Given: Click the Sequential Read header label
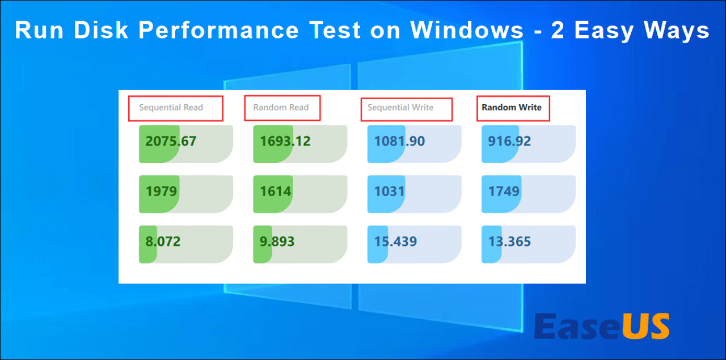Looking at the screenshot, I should pos(171,108).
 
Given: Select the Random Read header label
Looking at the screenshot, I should pos(281,108).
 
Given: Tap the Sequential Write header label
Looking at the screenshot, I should pos(400,108).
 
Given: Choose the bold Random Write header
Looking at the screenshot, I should pos(512,107).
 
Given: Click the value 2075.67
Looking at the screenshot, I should pos(171,141).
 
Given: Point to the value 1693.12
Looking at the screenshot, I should pos(285,141).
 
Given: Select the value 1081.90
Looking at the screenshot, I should pos(399,141).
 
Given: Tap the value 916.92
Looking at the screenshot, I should pos(509,141).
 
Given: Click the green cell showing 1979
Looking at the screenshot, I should pos(162,192).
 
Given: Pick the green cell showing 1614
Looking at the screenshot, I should pos(276,192).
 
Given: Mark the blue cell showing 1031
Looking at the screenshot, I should pos(389,192).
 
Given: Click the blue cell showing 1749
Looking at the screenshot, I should pos(504,192).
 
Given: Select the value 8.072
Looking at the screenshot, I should pos(163,242).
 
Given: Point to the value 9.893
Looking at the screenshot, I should pos(277,242).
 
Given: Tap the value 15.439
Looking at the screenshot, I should pos(395,242).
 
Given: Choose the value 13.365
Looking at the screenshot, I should pos(509,242).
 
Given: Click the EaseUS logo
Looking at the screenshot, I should pos(602,327).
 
